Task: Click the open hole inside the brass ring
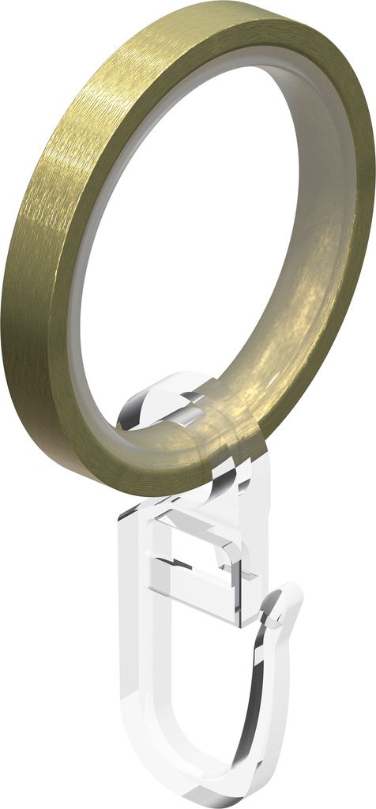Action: [190, 237]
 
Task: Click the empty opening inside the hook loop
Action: [197, 672]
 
